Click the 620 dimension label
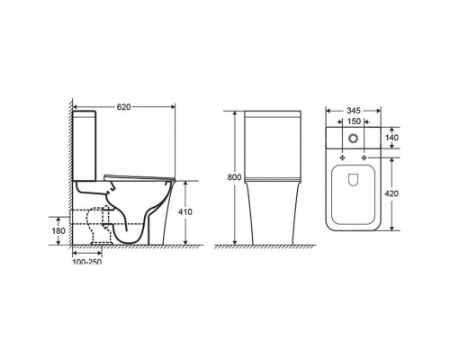pos(123,107)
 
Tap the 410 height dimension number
pos(185,212)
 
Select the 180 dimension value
pos(58,231)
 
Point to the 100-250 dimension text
pos(87,262)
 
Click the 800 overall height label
pos(234,177)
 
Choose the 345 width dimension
pos(354,111)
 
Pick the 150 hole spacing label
pos(354,121)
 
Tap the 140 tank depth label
pos(391,138)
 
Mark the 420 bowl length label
pos(391,193)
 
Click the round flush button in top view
pos(353,139)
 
